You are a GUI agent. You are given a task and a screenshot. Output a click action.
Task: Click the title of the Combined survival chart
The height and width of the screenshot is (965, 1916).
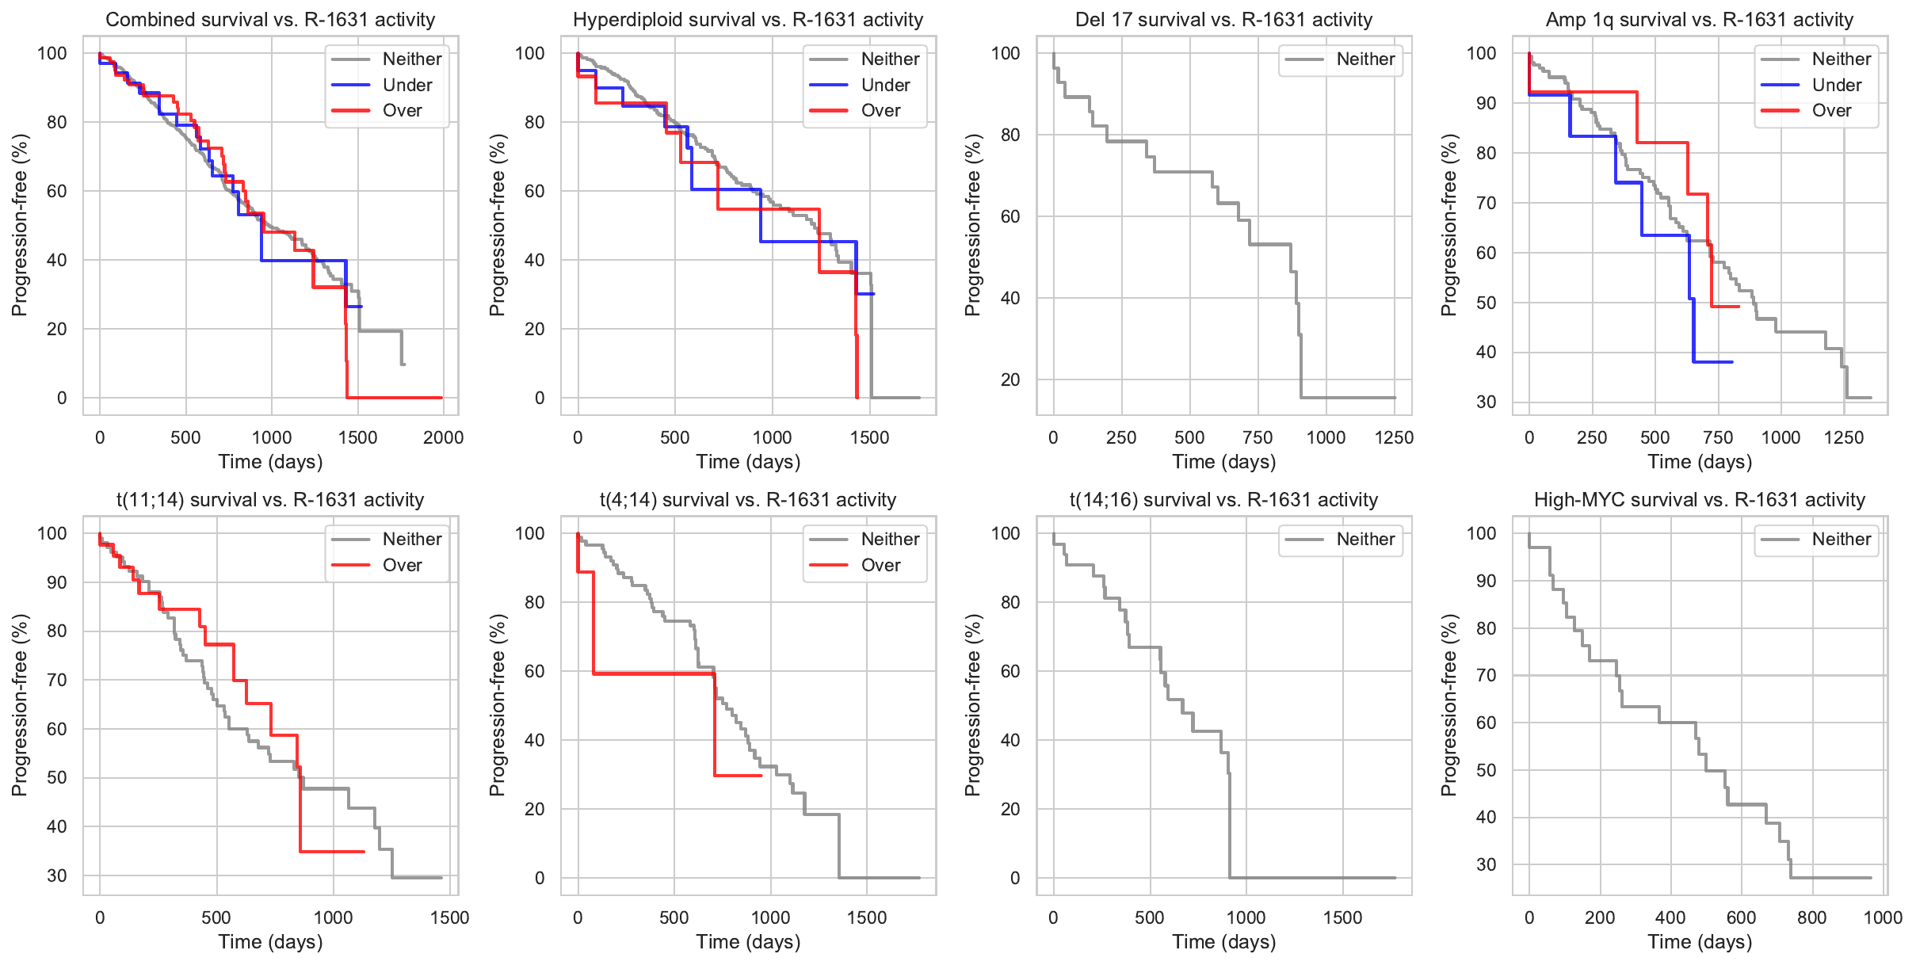point(270,20)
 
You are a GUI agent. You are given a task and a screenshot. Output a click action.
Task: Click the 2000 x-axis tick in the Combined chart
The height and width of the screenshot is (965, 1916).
point(443,437)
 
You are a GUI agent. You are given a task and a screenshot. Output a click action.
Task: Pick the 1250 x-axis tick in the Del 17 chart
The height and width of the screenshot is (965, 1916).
point(1394,437)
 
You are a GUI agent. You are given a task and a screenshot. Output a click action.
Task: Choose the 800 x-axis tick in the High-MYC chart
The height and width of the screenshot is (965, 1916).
point(1811,917)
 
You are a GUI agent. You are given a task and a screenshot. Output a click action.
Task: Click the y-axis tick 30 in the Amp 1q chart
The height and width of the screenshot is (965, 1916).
point(1487,402)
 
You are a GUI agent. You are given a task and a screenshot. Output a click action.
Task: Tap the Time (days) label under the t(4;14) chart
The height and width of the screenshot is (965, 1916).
point(748,941)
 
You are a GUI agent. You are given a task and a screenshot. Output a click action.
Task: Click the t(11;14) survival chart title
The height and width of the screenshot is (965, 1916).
point(270,500)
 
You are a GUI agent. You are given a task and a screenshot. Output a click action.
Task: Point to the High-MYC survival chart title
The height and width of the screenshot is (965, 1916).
point(1699,500)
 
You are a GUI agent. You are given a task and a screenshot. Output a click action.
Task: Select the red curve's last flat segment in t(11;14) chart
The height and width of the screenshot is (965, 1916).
point(333,852)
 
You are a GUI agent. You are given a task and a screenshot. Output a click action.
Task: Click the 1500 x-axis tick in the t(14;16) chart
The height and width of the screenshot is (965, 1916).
point(1342,917)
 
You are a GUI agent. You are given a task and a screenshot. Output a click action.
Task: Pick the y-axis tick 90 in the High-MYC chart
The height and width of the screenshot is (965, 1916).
point(1487,581)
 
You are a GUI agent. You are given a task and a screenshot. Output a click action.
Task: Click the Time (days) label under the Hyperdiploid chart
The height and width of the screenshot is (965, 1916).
point(748,461)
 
